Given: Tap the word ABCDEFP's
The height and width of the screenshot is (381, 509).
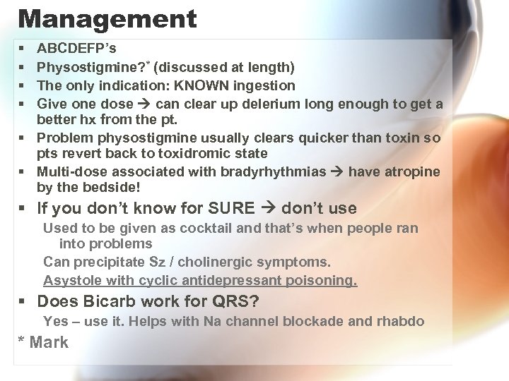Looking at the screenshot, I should (77, 49).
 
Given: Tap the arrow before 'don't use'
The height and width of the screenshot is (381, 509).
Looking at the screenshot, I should (270, 208).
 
